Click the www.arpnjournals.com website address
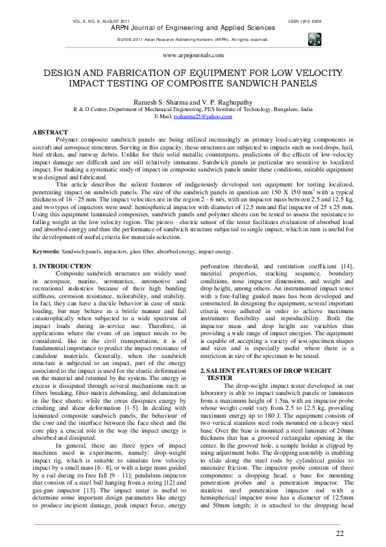coord(193,56)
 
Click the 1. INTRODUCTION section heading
coord(61,266)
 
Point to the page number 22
coord(340,533)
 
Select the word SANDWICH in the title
coord(265,84)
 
